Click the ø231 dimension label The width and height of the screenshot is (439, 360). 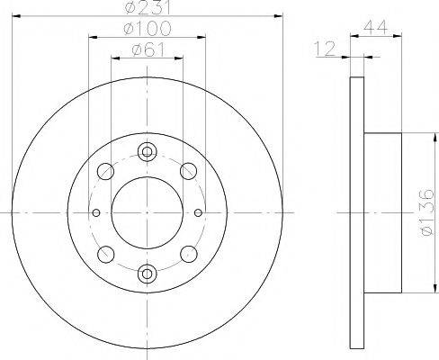click(148, 6)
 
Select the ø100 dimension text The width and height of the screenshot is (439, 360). click(148, 29)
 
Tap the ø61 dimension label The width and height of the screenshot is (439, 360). click(148, 49)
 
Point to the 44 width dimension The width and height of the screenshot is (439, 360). click(375, 28)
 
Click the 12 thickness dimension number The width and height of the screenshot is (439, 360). click(325, 49)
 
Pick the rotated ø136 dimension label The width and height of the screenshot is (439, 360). click(426, 212)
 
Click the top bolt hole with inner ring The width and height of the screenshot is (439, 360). click(147, 152)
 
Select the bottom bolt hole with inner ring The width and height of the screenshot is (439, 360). click(147, 274)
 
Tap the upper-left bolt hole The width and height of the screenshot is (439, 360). click(105, 172)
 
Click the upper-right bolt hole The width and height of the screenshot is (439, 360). click(188, 171)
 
